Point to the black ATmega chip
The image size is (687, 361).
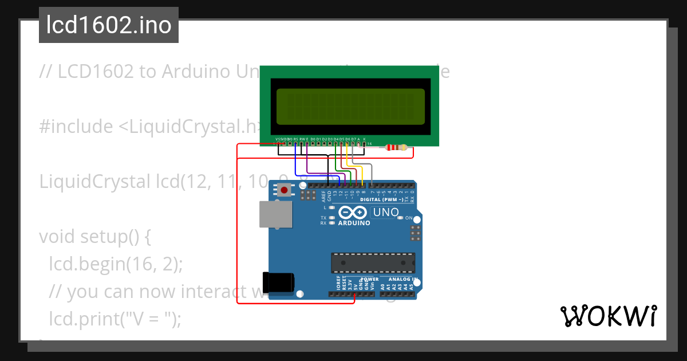(x=373, y=262)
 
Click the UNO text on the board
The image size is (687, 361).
(x=386, y=213)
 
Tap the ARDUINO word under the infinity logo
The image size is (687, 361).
(x=354, y=223)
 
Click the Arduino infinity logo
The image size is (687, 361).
(x=354, y=212)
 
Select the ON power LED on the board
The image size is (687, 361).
(x=401, y=218)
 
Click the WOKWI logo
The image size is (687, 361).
(x=607, y=316)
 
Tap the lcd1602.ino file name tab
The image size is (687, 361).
(x=109, y=25)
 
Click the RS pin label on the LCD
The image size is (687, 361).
(x=295, y=139)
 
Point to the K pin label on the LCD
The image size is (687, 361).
(x=364, y=139)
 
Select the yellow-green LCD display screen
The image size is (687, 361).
(x=350, y=107)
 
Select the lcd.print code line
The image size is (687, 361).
(x=115, y=319)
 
